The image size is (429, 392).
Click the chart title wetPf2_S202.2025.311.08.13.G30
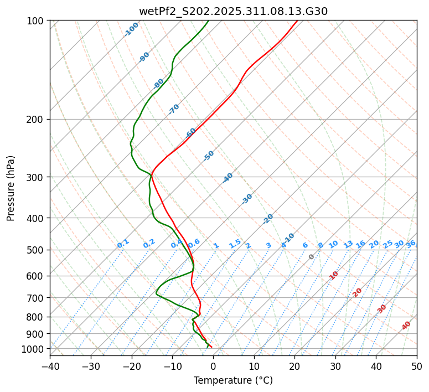(x=233, y=11)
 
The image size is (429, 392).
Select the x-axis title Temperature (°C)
(x=233, y=380)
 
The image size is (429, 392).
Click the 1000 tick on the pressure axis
(x=35, y=349)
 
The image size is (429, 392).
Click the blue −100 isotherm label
(x=132, y=29)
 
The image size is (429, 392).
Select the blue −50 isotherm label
(x=209, y=156)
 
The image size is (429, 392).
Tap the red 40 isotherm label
(x=406, y=326)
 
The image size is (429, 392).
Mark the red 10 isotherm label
(x=334, y=275)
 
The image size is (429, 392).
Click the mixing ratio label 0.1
(x=123, y=244)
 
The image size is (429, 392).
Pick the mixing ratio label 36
(x=411, y=244)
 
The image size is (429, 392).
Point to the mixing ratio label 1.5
(x=235, y=244)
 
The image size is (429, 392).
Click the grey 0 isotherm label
(x=312, y=257)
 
